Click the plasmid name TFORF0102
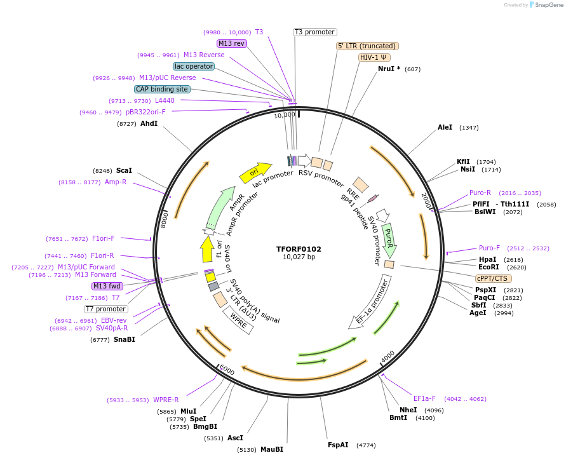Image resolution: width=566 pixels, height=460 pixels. (299, 249)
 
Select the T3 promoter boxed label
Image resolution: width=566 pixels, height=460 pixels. (314, 32)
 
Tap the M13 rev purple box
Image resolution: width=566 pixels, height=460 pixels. (231, 43)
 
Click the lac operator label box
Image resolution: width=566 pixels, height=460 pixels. (193, 66)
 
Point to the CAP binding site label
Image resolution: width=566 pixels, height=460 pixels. (162, 89)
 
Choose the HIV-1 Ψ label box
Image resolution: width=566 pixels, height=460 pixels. (375, 57)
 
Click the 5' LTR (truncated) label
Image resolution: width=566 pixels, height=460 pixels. (367, 46)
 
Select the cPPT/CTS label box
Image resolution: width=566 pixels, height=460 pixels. (493, 278)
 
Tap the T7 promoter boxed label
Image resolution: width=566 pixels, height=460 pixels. (105, 309)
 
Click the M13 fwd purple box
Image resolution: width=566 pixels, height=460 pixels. (107, 286)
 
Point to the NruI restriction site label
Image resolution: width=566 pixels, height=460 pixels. (389, 69)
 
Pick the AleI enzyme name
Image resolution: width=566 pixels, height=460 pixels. (445, 127)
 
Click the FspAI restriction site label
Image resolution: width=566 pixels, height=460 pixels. (338, 445)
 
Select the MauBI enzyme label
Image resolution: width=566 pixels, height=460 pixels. (271, 449)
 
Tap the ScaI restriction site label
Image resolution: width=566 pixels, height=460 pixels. (124, 170)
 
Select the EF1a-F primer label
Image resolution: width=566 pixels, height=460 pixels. (424, 398)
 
